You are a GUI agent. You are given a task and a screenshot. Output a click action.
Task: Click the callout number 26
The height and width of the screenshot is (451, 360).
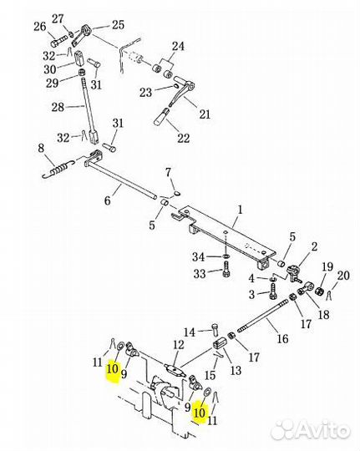click(x=40, y=27)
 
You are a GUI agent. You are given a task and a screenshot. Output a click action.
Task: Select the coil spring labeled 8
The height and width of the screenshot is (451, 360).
click(x=59, y=169)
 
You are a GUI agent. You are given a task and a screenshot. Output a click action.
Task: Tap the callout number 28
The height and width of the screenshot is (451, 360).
click(x=58, y=107)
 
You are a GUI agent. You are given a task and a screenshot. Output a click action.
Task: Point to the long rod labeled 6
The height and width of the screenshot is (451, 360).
click(x=121, y=179)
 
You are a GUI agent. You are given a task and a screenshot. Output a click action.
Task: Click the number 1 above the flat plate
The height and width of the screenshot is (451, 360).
click(x=240, y=209)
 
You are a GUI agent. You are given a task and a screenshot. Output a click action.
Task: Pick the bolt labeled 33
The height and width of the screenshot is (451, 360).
click(x=226, y=271)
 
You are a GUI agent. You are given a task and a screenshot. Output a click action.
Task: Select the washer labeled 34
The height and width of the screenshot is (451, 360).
click(x=226, y=256)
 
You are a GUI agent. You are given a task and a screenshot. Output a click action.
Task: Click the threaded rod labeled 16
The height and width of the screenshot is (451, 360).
click(x=262, y=315)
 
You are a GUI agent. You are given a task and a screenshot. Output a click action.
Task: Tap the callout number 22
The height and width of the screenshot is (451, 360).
click(x=183, y=138)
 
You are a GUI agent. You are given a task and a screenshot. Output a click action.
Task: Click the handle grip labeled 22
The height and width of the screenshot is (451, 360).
click(x=162, y=117)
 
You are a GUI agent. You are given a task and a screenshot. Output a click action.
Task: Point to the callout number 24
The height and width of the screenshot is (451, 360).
click(x=178, y=46)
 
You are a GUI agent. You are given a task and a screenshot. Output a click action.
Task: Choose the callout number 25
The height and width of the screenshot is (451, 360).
click(x=118, y=24)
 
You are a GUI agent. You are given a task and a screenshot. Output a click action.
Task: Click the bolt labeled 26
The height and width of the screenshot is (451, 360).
click(x=58, y=42)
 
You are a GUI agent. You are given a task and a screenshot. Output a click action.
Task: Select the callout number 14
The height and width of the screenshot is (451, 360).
click(x=190, y=332)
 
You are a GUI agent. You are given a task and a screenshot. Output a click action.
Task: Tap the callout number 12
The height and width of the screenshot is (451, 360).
click(x=179, y=345)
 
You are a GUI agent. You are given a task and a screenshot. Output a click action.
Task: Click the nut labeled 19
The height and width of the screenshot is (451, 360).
click(x=319, y=291)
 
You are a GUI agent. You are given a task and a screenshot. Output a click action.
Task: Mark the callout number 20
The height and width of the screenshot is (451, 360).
click(x=343, y=275)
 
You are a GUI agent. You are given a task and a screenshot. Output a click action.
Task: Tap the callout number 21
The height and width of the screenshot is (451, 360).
click(x=205, y=114)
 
